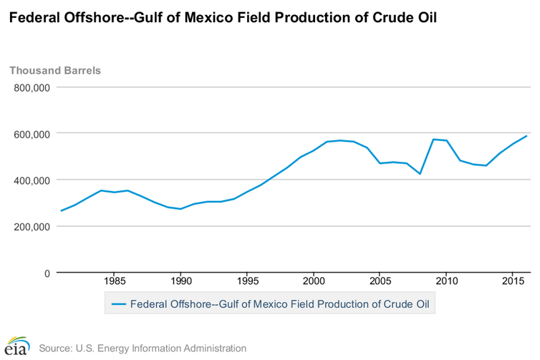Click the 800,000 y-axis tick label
coord(31,87)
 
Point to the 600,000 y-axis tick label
coord(31,134)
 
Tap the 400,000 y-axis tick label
coord(31,180)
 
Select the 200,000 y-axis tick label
coord(31,227)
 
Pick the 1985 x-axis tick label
coord(115,280)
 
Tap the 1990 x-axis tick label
coord(180,280)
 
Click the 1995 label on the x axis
coord(247,280)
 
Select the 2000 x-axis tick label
coord(314,280)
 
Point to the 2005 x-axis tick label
coord(380,280)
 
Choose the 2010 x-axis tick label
coord(446,280)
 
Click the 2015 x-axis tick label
coord(512,280)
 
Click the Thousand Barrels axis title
coord(55,70)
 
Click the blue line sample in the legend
coord(120,303)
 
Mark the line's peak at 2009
coord(433,139)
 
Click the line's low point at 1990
coord(180,209)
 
